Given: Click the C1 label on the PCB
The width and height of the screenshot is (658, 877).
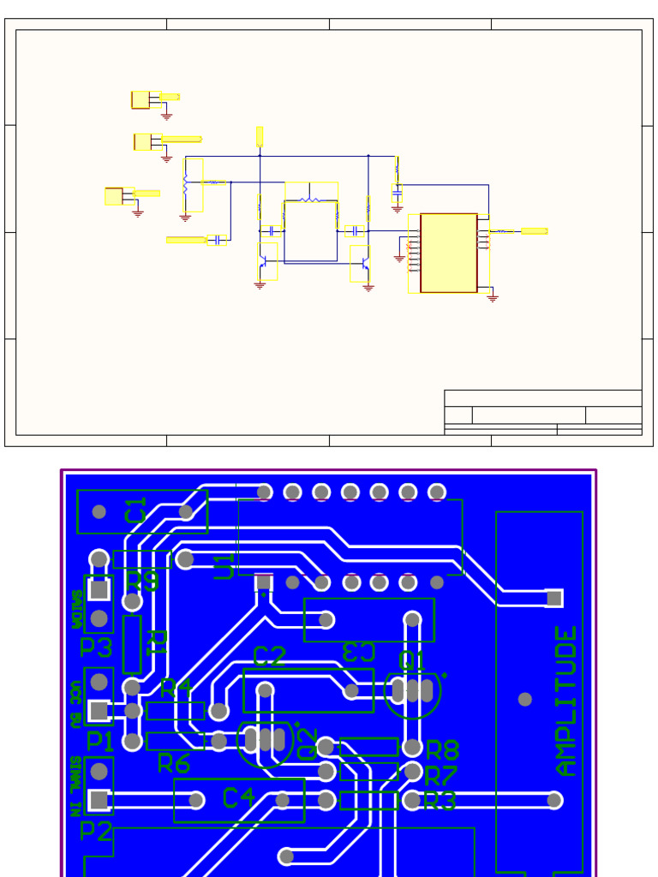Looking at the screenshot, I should (136, 510).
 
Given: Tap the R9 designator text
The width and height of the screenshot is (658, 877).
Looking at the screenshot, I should (142, 582).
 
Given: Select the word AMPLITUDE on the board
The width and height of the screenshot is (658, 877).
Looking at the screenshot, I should (566, 701).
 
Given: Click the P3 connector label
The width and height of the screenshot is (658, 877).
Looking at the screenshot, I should (96, 647).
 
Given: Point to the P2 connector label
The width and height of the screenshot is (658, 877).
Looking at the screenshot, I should (96, 830).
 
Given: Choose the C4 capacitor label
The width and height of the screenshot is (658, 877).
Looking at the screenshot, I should (238, 798).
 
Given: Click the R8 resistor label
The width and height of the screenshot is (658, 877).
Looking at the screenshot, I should (442, 751).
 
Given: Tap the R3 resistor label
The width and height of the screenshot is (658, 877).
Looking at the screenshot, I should (440, 802).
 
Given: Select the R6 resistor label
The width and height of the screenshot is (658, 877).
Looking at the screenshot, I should (173, 763).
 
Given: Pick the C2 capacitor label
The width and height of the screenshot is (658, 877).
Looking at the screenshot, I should (270, 657).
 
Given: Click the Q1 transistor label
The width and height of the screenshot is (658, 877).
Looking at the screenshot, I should (412, 660).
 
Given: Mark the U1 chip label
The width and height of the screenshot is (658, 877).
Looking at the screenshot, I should (224, 566).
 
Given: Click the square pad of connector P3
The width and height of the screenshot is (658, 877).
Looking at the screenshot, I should (99, 589).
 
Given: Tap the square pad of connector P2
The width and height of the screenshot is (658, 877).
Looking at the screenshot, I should (99, 800).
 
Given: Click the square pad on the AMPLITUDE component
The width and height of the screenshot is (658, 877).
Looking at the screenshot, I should (554, 598).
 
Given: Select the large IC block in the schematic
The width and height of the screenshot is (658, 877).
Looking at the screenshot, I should (448, 253).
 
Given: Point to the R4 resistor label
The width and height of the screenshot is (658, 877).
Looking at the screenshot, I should (176, 688).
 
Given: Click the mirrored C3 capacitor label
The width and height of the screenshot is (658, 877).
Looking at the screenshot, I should (358, 652).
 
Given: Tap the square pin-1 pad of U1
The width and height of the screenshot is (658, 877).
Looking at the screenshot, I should (264, 582).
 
